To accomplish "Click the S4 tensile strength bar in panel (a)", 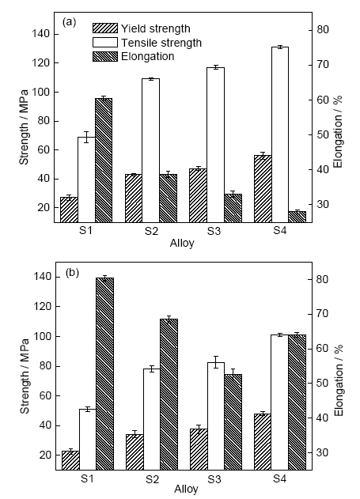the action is [x=280, y=134].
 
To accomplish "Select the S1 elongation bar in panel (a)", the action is [x=104, y=161].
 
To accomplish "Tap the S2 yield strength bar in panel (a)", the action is [x=134, y=198].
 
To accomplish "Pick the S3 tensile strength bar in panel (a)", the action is [x=215, y=146].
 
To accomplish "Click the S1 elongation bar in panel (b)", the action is [x=104, y=374].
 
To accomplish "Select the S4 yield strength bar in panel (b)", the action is [x=263, y=442].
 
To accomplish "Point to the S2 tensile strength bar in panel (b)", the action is [x=152, y=419].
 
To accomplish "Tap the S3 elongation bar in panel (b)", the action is [x=233, y=422].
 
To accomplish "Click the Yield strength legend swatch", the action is [x=105, y=28].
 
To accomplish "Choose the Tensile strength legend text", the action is [x=161, y=43].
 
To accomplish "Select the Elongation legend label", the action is [x=148, y=56].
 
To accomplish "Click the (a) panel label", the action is [x=69, y=22].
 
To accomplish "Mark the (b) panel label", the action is [x=72, y=273].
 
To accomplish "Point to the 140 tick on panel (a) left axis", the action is [x=40, y=34].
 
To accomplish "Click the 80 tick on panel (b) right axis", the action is [x=322, y=279].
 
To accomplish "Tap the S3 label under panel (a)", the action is [x=214, y=231].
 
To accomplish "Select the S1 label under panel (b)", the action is [x=87, y=478].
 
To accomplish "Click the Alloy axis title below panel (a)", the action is [x=182, y=243].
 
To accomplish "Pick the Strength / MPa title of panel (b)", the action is [x=25, y=376].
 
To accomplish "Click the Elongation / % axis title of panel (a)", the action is [x=338, y=131].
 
